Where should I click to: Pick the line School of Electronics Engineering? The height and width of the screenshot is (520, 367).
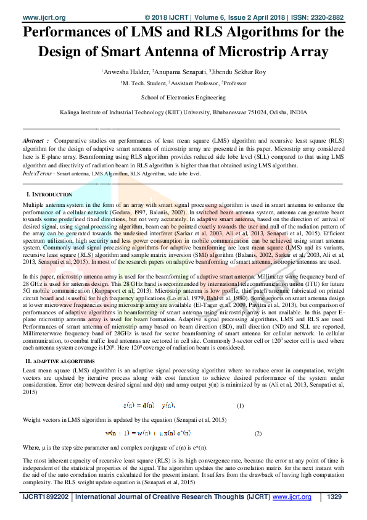click(x=183, y=98)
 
